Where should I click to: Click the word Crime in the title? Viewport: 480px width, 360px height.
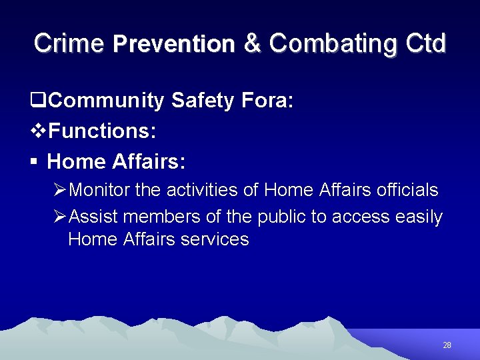click(69, 43)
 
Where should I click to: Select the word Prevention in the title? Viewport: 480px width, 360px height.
click(174, 44)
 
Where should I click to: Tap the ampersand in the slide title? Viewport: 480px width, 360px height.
click(252, 43)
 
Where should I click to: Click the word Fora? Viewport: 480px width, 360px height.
click(268, 101)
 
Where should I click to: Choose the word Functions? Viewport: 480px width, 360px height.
click(102, 131)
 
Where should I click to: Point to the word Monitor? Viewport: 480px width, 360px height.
click(100, 190)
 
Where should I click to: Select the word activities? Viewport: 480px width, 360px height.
click(201, 190)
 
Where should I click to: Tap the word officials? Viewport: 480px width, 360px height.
click(407, 190)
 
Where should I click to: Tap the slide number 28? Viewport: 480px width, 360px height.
click(447, 345)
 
